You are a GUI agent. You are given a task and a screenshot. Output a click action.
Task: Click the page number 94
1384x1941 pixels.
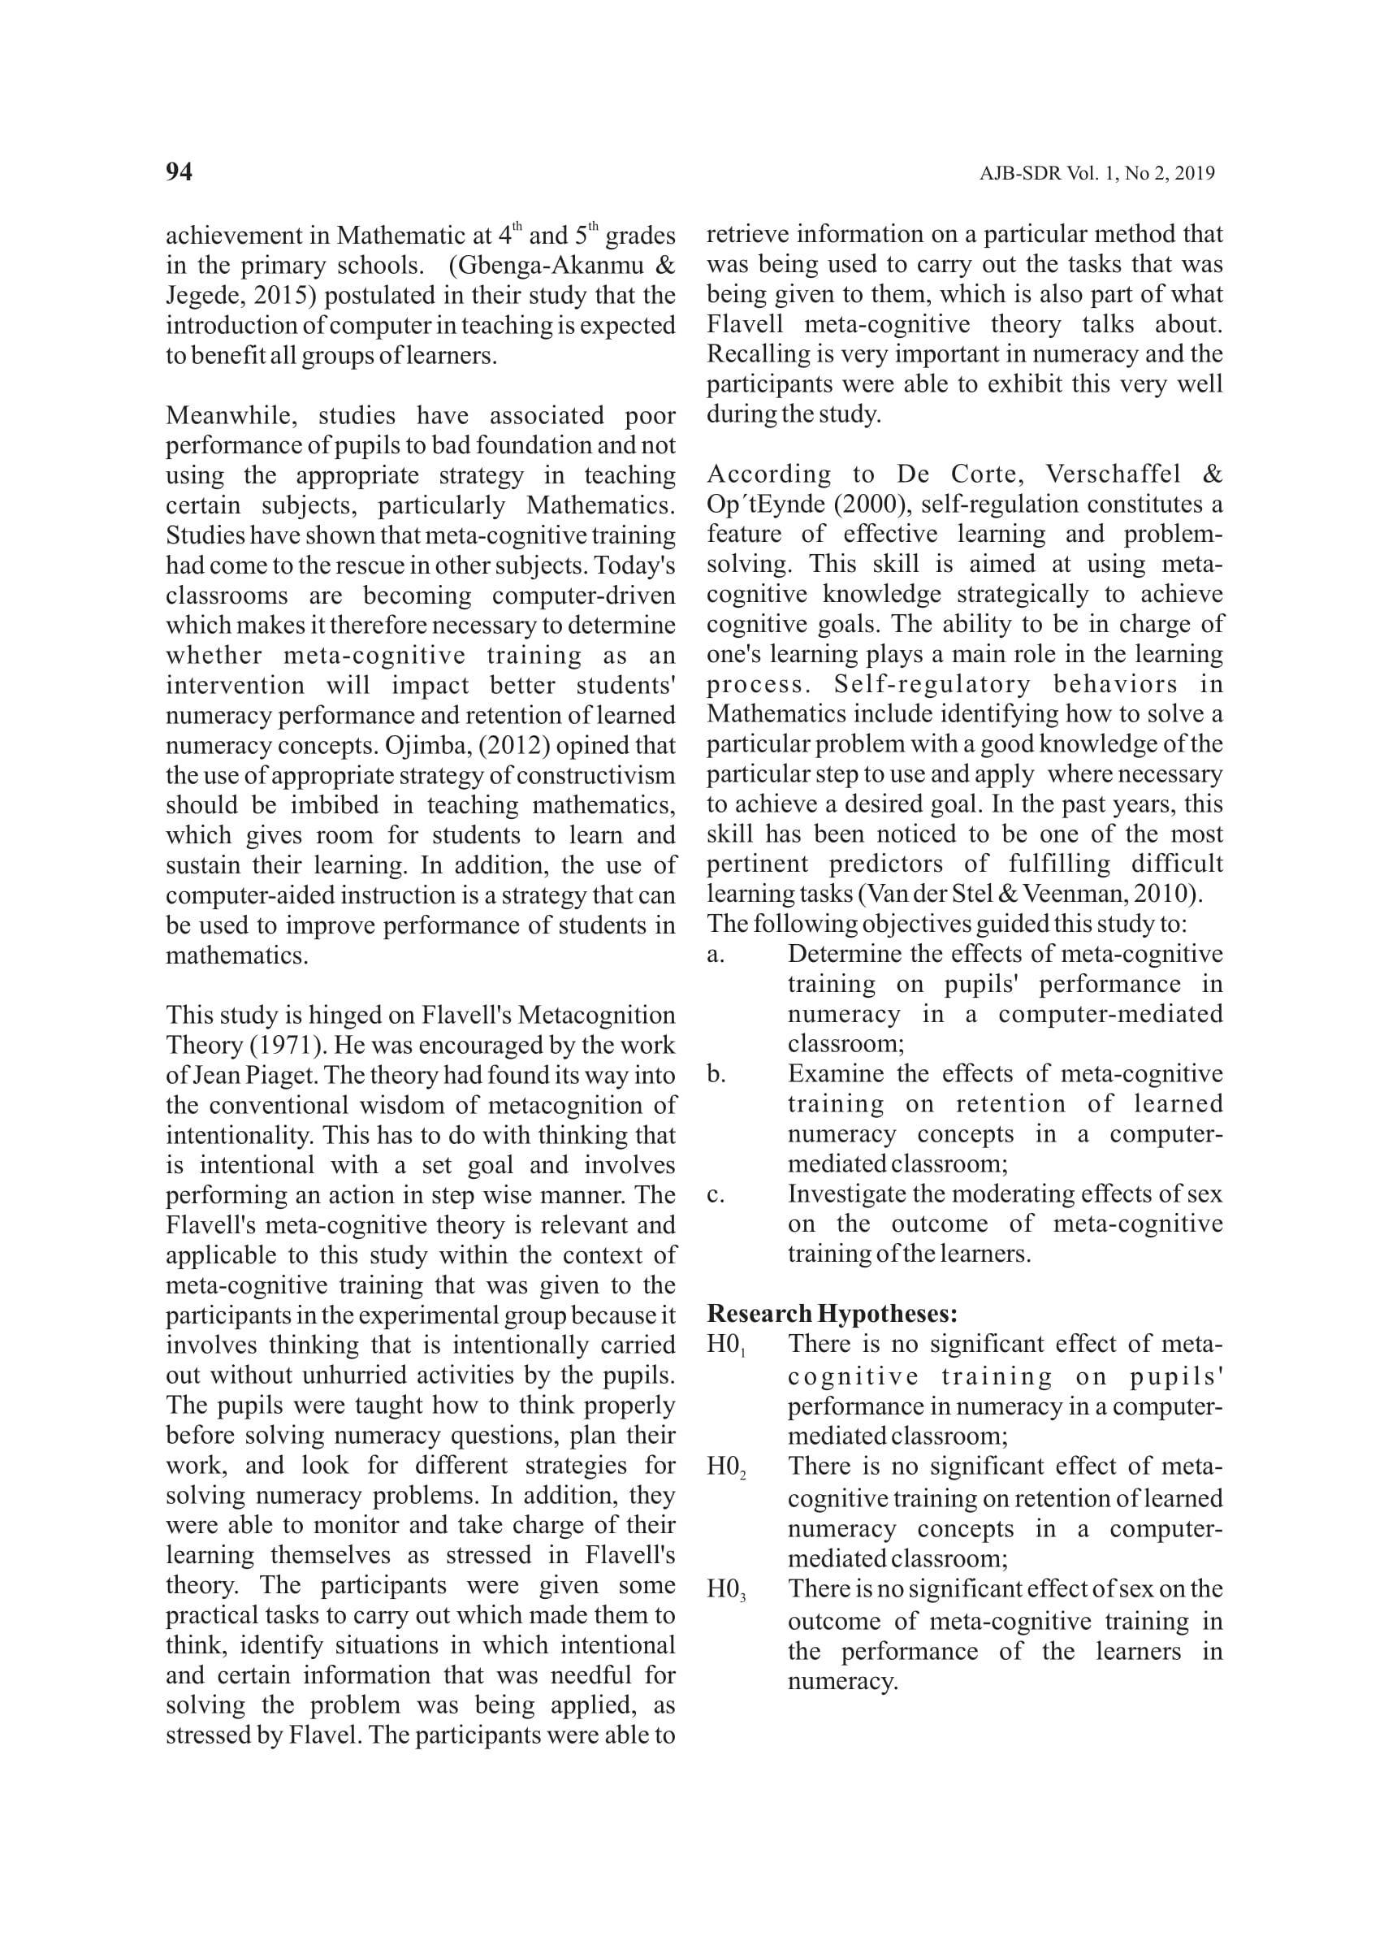(x=179, y=172)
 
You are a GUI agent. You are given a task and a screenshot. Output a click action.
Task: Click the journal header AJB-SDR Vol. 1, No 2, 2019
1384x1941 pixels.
(x=1096, y=174)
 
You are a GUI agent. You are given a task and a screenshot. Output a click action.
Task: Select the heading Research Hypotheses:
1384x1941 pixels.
(x=832, y=1314)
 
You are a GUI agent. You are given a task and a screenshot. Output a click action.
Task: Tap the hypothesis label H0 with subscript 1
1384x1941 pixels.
(x=726, y=1345)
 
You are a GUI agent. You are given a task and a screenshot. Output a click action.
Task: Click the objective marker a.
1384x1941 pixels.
(x=716, y=955)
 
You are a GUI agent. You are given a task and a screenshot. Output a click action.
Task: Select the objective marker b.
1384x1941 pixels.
(x=716, y=1074)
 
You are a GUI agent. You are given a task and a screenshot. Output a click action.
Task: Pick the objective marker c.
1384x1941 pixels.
(x=716, y=1194)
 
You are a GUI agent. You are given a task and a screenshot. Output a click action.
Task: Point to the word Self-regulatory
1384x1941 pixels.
(x=932, y=684)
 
